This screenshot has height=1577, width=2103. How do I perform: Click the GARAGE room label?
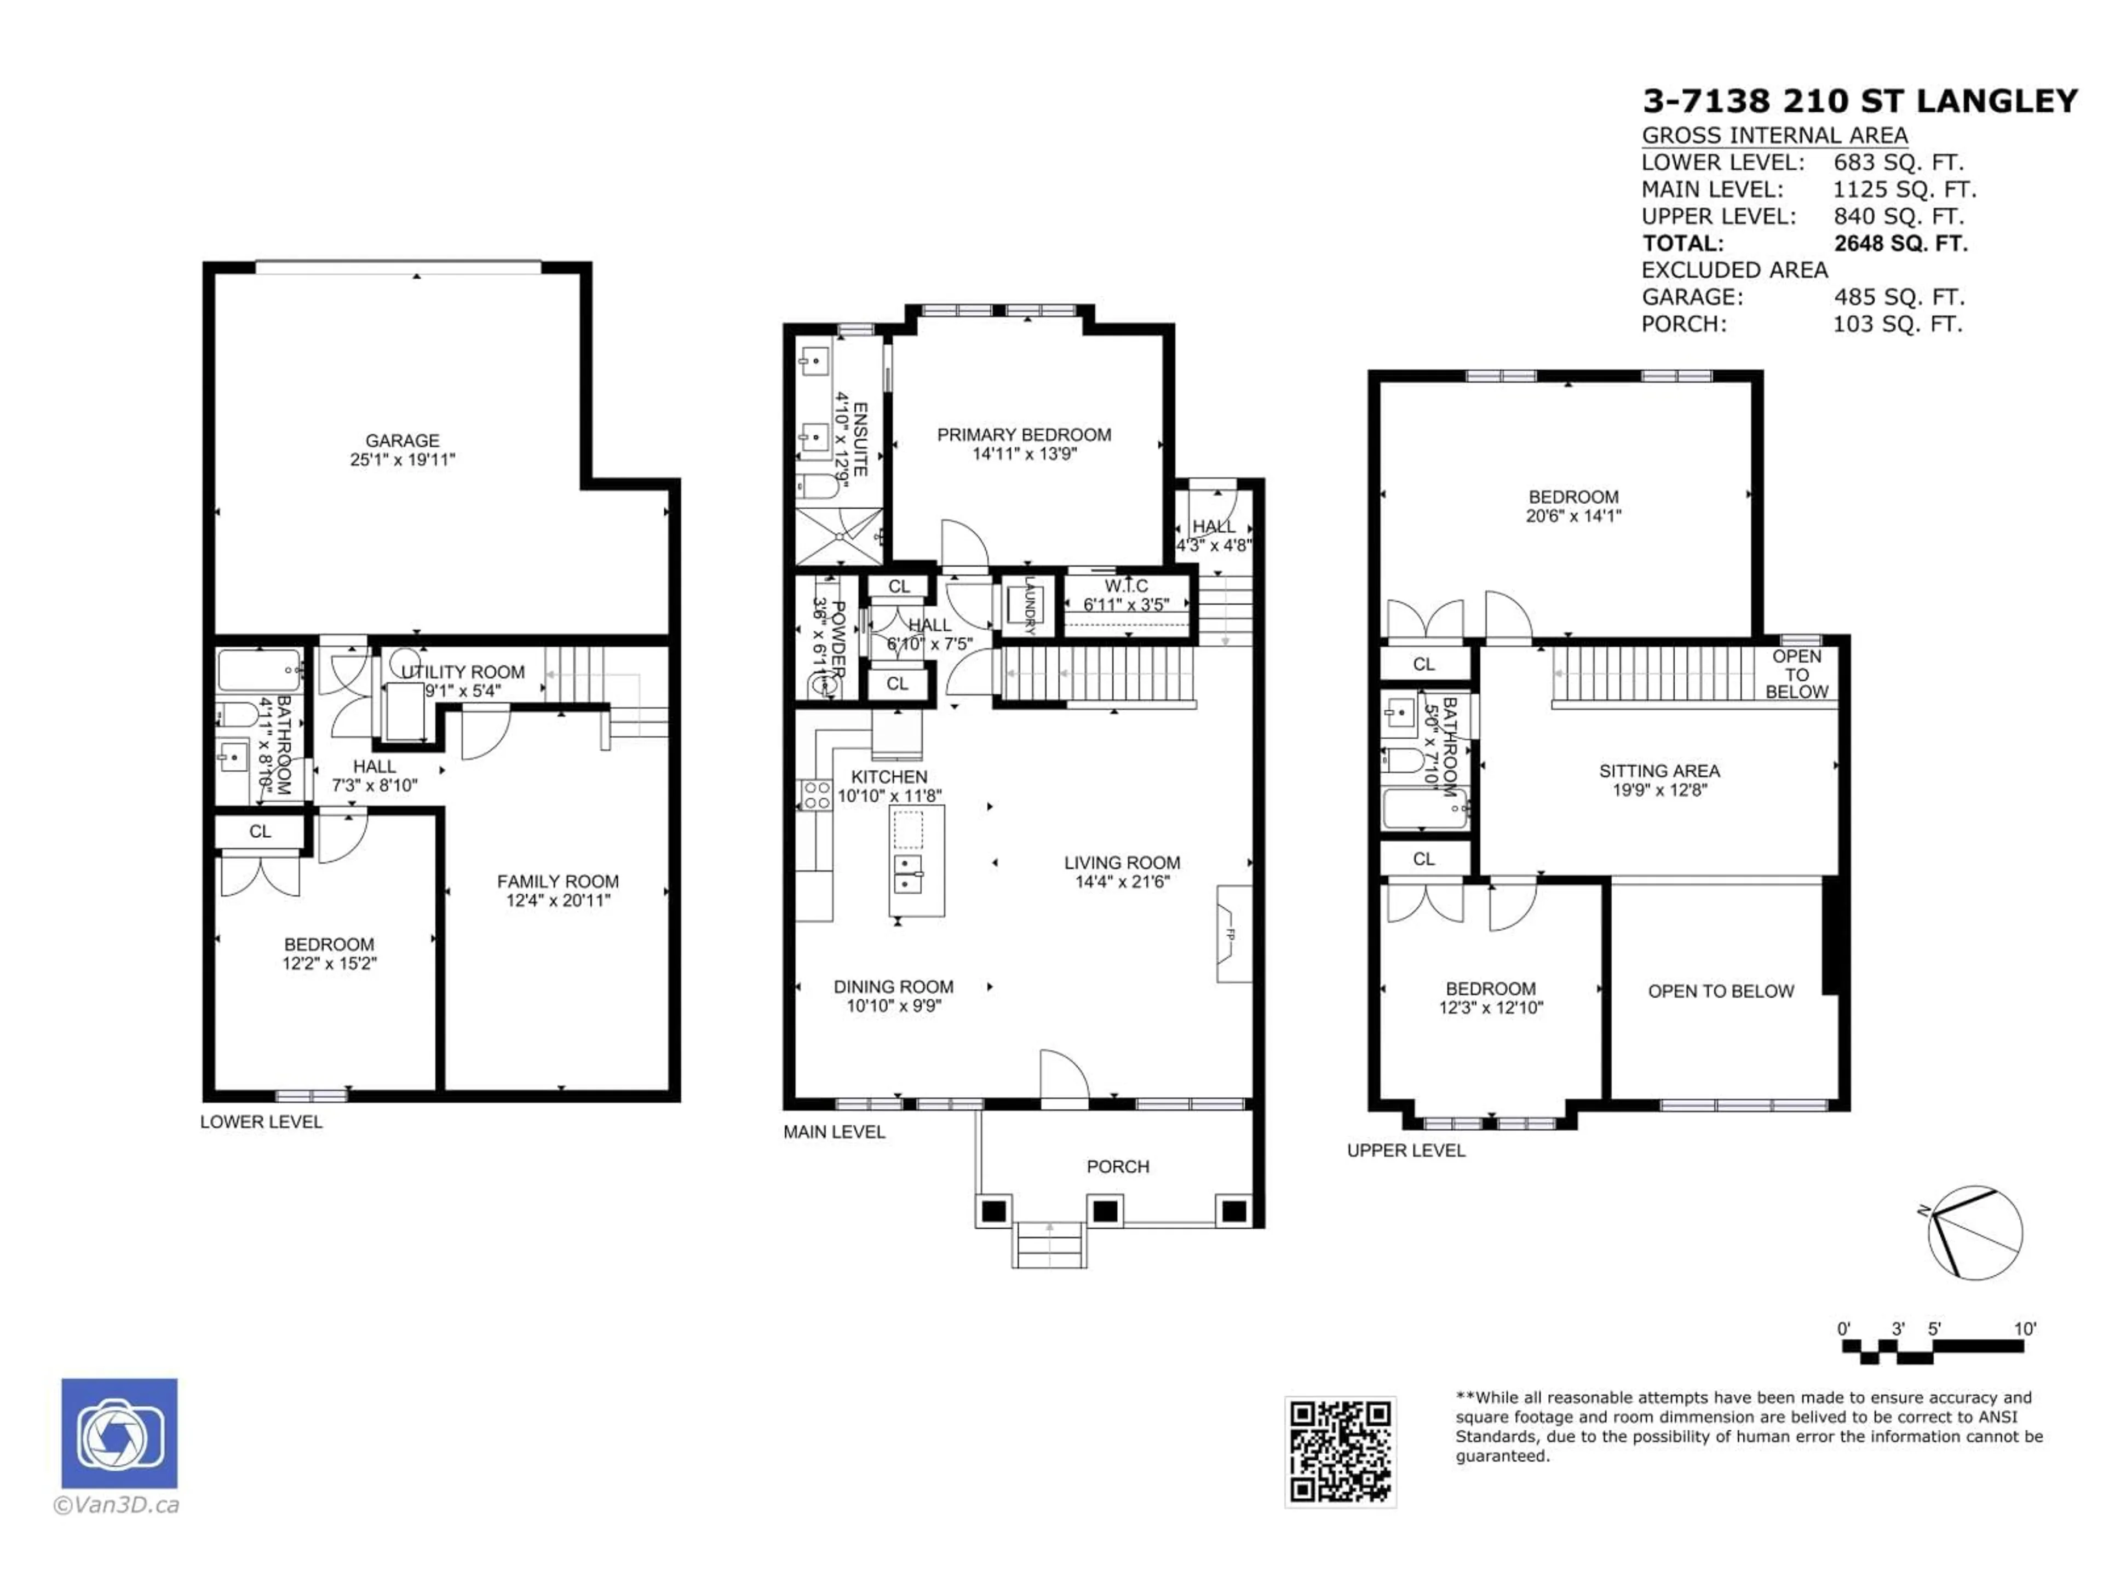click(402, 440)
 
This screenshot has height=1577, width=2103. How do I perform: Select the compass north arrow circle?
click(1975, 1233)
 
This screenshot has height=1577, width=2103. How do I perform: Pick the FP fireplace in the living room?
click(1233, 934)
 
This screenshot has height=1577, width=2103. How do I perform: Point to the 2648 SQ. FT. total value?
click(1899, 243)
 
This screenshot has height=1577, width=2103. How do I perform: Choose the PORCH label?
click(1118, 1166)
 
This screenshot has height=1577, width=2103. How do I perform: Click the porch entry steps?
click(1050, 1245)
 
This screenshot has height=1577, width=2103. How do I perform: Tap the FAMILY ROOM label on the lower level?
click(558, 881)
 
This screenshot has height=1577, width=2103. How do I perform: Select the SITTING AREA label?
click(1659, 771)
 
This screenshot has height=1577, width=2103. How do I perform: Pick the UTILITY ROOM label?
click(463, 672)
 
